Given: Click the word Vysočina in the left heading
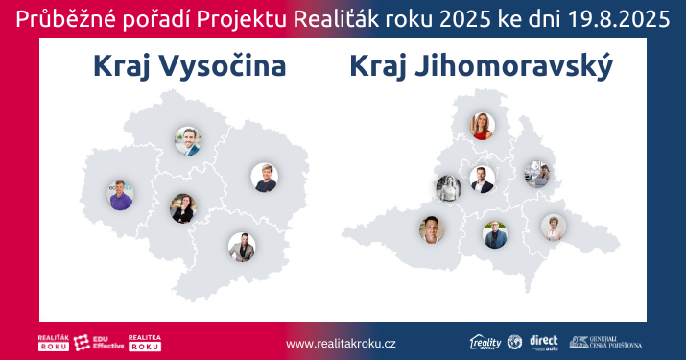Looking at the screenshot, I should point(224,66).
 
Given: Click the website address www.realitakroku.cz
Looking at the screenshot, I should point(342,343).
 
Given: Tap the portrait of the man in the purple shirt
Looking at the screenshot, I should point(120,195).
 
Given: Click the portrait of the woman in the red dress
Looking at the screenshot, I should point(482,125).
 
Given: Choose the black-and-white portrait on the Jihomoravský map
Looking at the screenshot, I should point(448,186).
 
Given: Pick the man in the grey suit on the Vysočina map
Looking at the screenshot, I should point(241,247).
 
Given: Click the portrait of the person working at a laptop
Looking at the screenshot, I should point(536,174).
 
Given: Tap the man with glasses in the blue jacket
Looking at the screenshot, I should point(494,234).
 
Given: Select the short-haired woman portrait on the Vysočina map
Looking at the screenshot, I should point(182,207).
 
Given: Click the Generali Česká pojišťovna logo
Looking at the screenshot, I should point(605,343).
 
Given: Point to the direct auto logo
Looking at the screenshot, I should point(543,343).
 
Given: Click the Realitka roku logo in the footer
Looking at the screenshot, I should point(144,343).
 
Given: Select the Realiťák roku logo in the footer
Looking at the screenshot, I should point(54,343).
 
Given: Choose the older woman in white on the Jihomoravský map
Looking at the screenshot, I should point(554,227).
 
